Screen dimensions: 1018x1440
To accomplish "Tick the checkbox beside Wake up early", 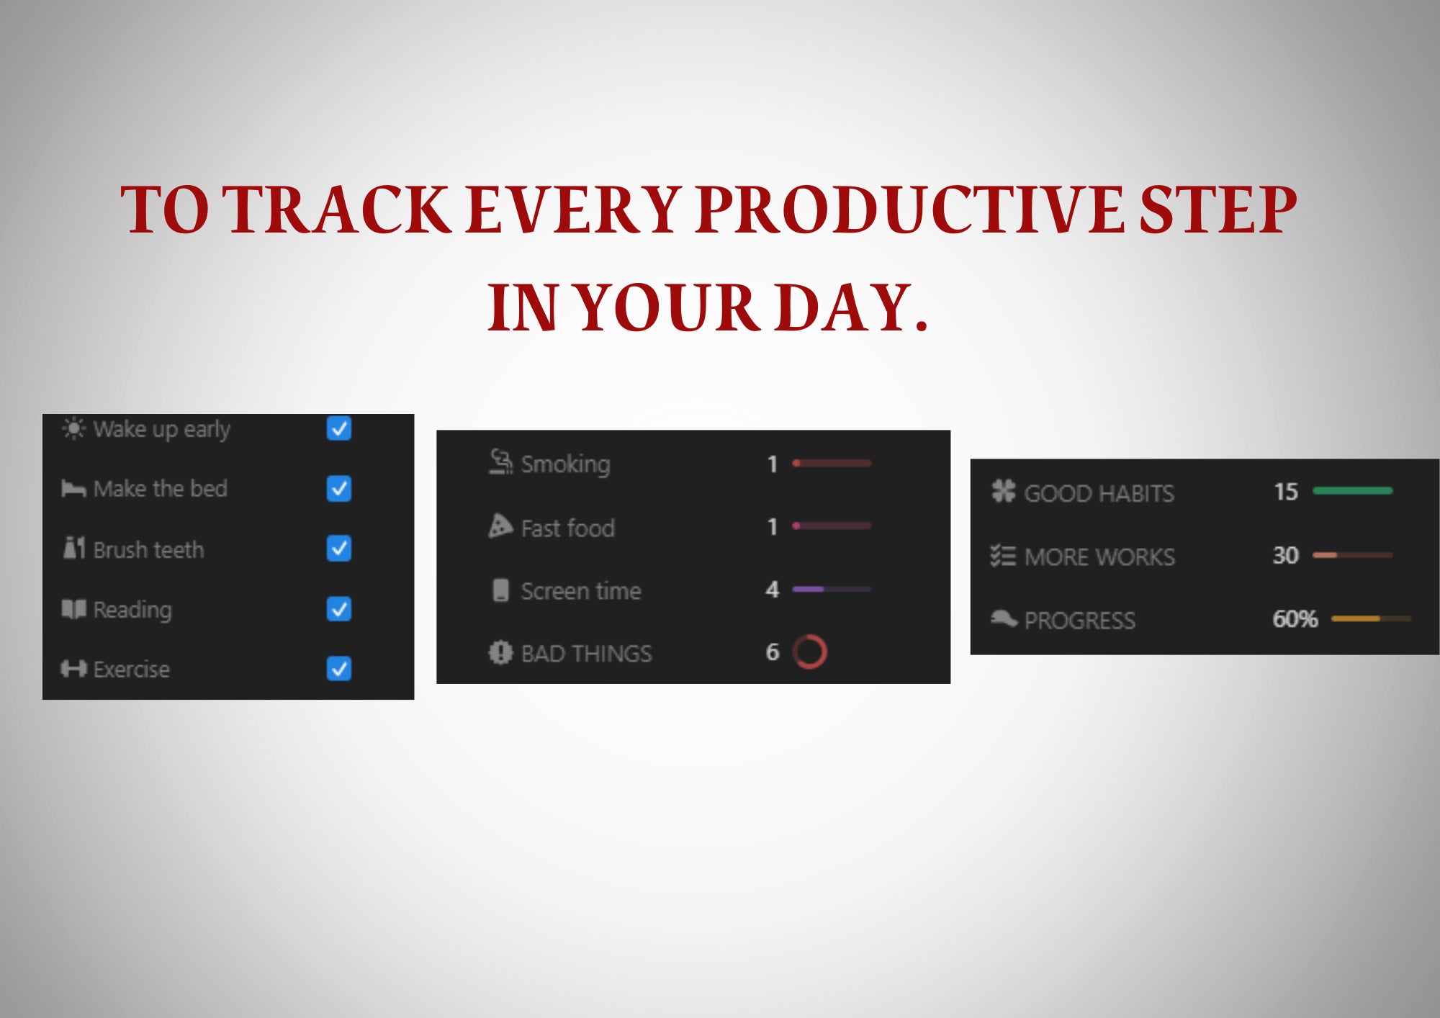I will click(x=338, y=428).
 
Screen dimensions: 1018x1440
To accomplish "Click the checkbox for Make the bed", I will click(x=338, y=489).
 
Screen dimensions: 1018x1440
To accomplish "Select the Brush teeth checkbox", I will click(x=338, y=549).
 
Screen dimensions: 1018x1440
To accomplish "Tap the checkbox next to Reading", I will click(x=338, y=609).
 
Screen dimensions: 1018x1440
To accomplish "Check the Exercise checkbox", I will click(x=338, y=669).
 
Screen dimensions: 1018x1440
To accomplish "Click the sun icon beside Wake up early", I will click(x=73, y=428).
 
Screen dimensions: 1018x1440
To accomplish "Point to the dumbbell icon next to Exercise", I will click(x=73, y=669).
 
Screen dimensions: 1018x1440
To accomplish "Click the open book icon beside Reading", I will click(x=73, y=609).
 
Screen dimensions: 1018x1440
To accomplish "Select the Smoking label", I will click(x=565, y=464).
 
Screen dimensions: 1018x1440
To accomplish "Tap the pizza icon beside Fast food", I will click(x=500, y=526).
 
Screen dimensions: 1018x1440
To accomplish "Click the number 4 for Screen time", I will click(x=772, y=590).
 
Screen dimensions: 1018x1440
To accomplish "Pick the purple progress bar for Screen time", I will click(x=831, y=589).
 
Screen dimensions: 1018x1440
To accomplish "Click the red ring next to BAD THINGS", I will click(x=809, y=652).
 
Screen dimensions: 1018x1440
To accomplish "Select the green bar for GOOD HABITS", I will click(x=1352, y=491).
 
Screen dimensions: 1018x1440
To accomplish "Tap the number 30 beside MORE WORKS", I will click(x=1285, y=555).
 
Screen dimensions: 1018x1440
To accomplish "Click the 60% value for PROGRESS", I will click(x=1295, y=618).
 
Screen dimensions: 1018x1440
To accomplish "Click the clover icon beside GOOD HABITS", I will click(x=1003, y=491).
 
